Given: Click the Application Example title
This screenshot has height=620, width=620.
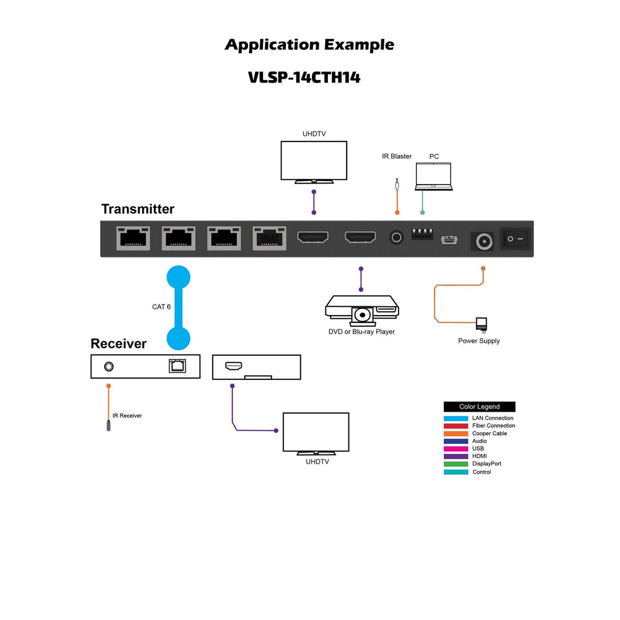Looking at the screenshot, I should click(x=309, y=45).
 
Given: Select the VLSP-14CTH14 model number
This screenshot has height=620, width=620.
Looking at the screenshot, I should click(x=304, y=78).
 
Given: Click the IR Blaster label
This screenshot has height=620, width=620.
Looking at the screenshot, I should click(x=397, y=156).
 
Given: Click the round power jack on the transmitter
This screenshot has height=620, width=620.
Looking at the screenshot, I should click(x=483, y=241).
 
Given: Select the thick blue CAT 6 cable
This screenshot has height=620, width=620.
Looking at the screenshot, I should click(x=179, y=307).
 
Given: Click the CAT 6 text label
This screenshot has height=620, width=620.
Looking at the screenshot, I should click(x=161, y=307).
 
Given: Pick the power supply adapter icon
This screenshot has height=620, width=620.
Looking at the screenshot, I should click(x=481, y=325).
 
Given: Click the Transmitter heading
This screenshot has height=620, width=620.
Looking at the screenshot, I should click(x=138, y=210).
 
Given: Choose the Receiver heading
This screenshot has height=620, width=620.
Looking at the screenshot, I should click(x=118, y=344).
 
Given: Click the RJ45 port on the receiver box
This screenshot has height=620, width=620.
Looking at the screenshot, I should click(x=177, y=366).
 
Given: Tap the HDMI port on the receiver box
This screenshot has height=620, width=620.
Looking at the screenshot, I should click(x=233, y=366).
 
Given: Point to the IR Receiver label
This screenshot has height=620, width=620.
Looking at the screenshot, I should click(x=127, y=415).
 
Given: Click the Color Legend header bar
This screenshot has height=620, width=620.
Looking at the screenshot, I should click(x=479, y=407).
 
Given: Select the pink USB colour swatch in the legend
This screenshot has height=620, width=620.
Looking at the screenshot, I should click(x=456, y=448).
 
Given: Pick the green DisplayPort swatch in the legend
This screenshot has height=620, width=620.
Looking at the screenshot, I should click(x=456, y=464).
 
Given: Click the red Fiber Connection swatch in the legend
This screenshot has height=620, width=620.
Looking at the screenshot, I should click(x=456, y=425).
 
